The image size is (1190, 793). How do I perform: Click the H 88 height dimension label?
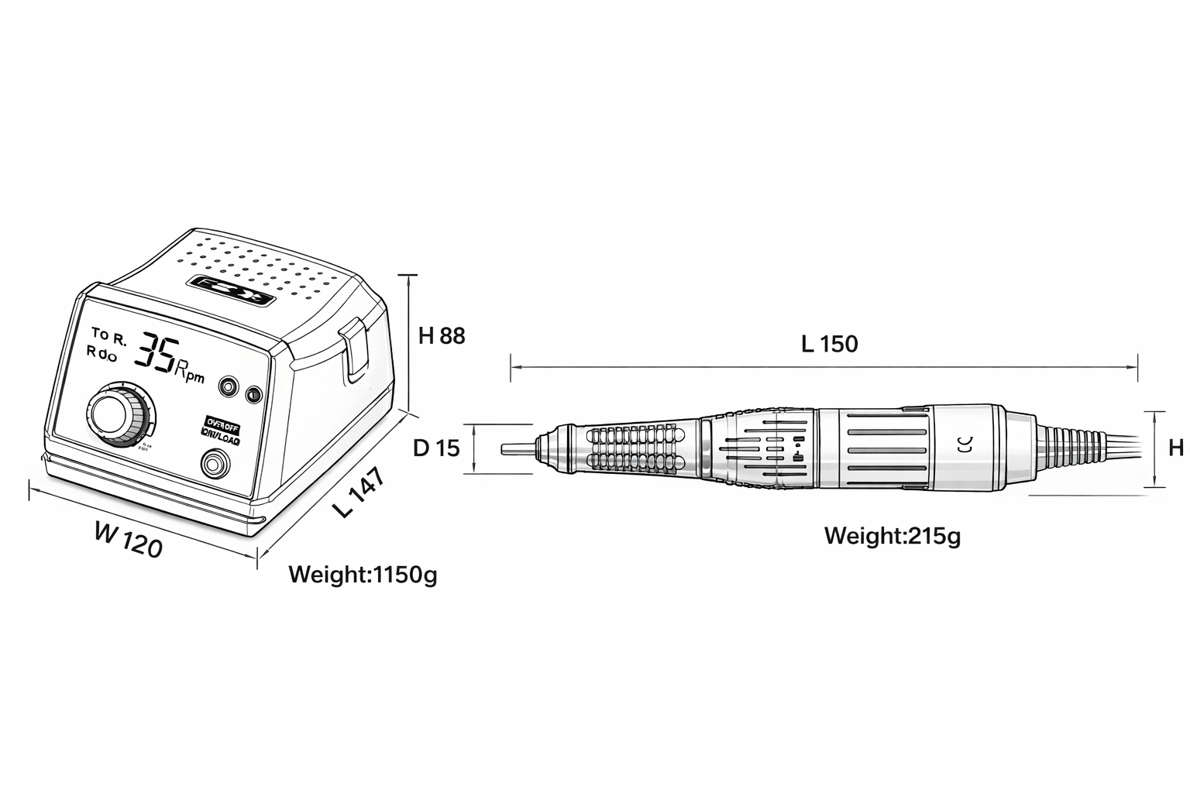(442, 336)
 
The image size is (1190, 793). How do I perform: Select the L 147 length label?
(359, 493)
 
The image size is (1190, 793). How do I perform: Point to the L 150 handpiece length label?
(829, 344)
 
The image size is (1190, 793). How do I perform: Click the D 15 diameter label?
(436, 448)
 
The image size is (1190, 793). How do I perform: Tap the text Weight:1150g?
(363, 575)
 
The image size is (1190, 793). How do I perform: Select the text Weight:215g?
(892, 535)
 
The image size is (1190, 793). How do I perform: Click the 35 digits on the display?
(157, 353)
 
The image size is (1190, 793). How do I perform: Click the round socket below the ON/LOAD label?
(215, 465)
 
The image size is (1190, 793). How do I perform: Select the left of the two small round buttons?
(229, 386)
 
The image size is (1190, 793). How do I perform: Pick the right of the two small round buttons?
(253, 395)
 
